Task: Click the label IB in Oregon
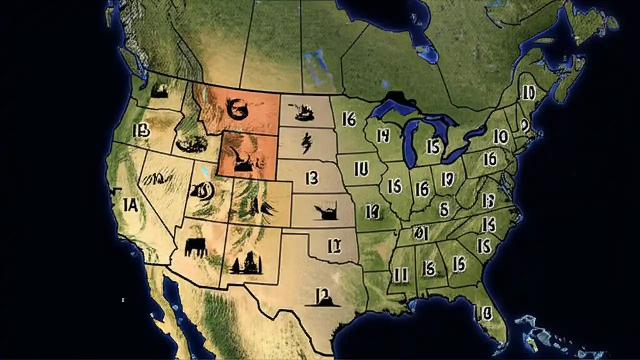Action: coord(142,131)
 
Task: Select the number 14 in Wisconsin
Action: coord(383,136)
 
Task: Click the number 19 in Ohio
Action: coord(447,178)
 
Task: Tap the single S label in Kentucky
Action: coord(443,207)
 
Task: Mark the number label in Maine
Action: coord(528,92)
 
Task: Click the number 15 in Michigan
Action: coord(433,146)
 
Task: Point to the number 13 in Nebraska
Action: coord(312,178)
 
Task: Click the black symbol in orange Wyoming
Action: coord(245,159)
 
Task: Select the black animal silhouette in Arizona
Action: coord(196,246)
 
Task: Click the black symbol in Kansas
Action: coord(327,212)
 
